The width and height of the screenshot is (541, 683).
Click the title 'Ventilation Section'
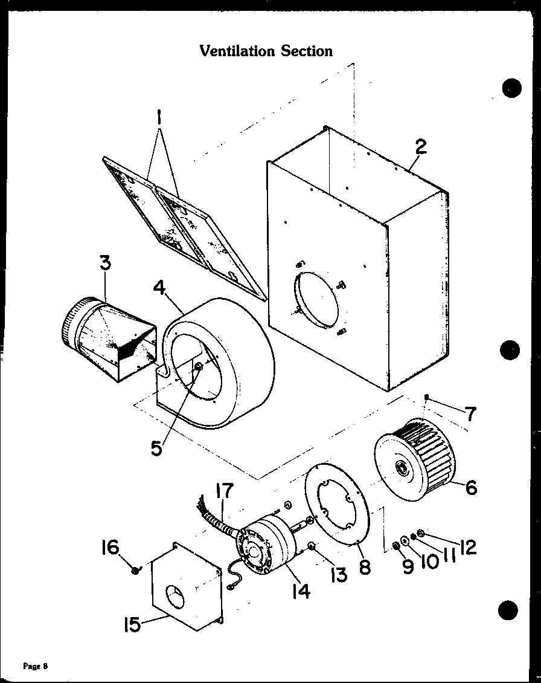266,51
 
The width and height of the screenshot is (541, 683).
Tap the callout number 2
421,147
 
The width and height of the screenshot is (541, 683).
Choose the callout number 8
365,568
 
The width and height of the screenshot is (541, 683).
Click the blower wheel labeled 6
417,453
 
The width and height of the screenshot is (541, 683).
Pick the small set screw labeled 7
427,397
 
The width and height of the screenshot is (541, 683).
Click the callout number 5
156,448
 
